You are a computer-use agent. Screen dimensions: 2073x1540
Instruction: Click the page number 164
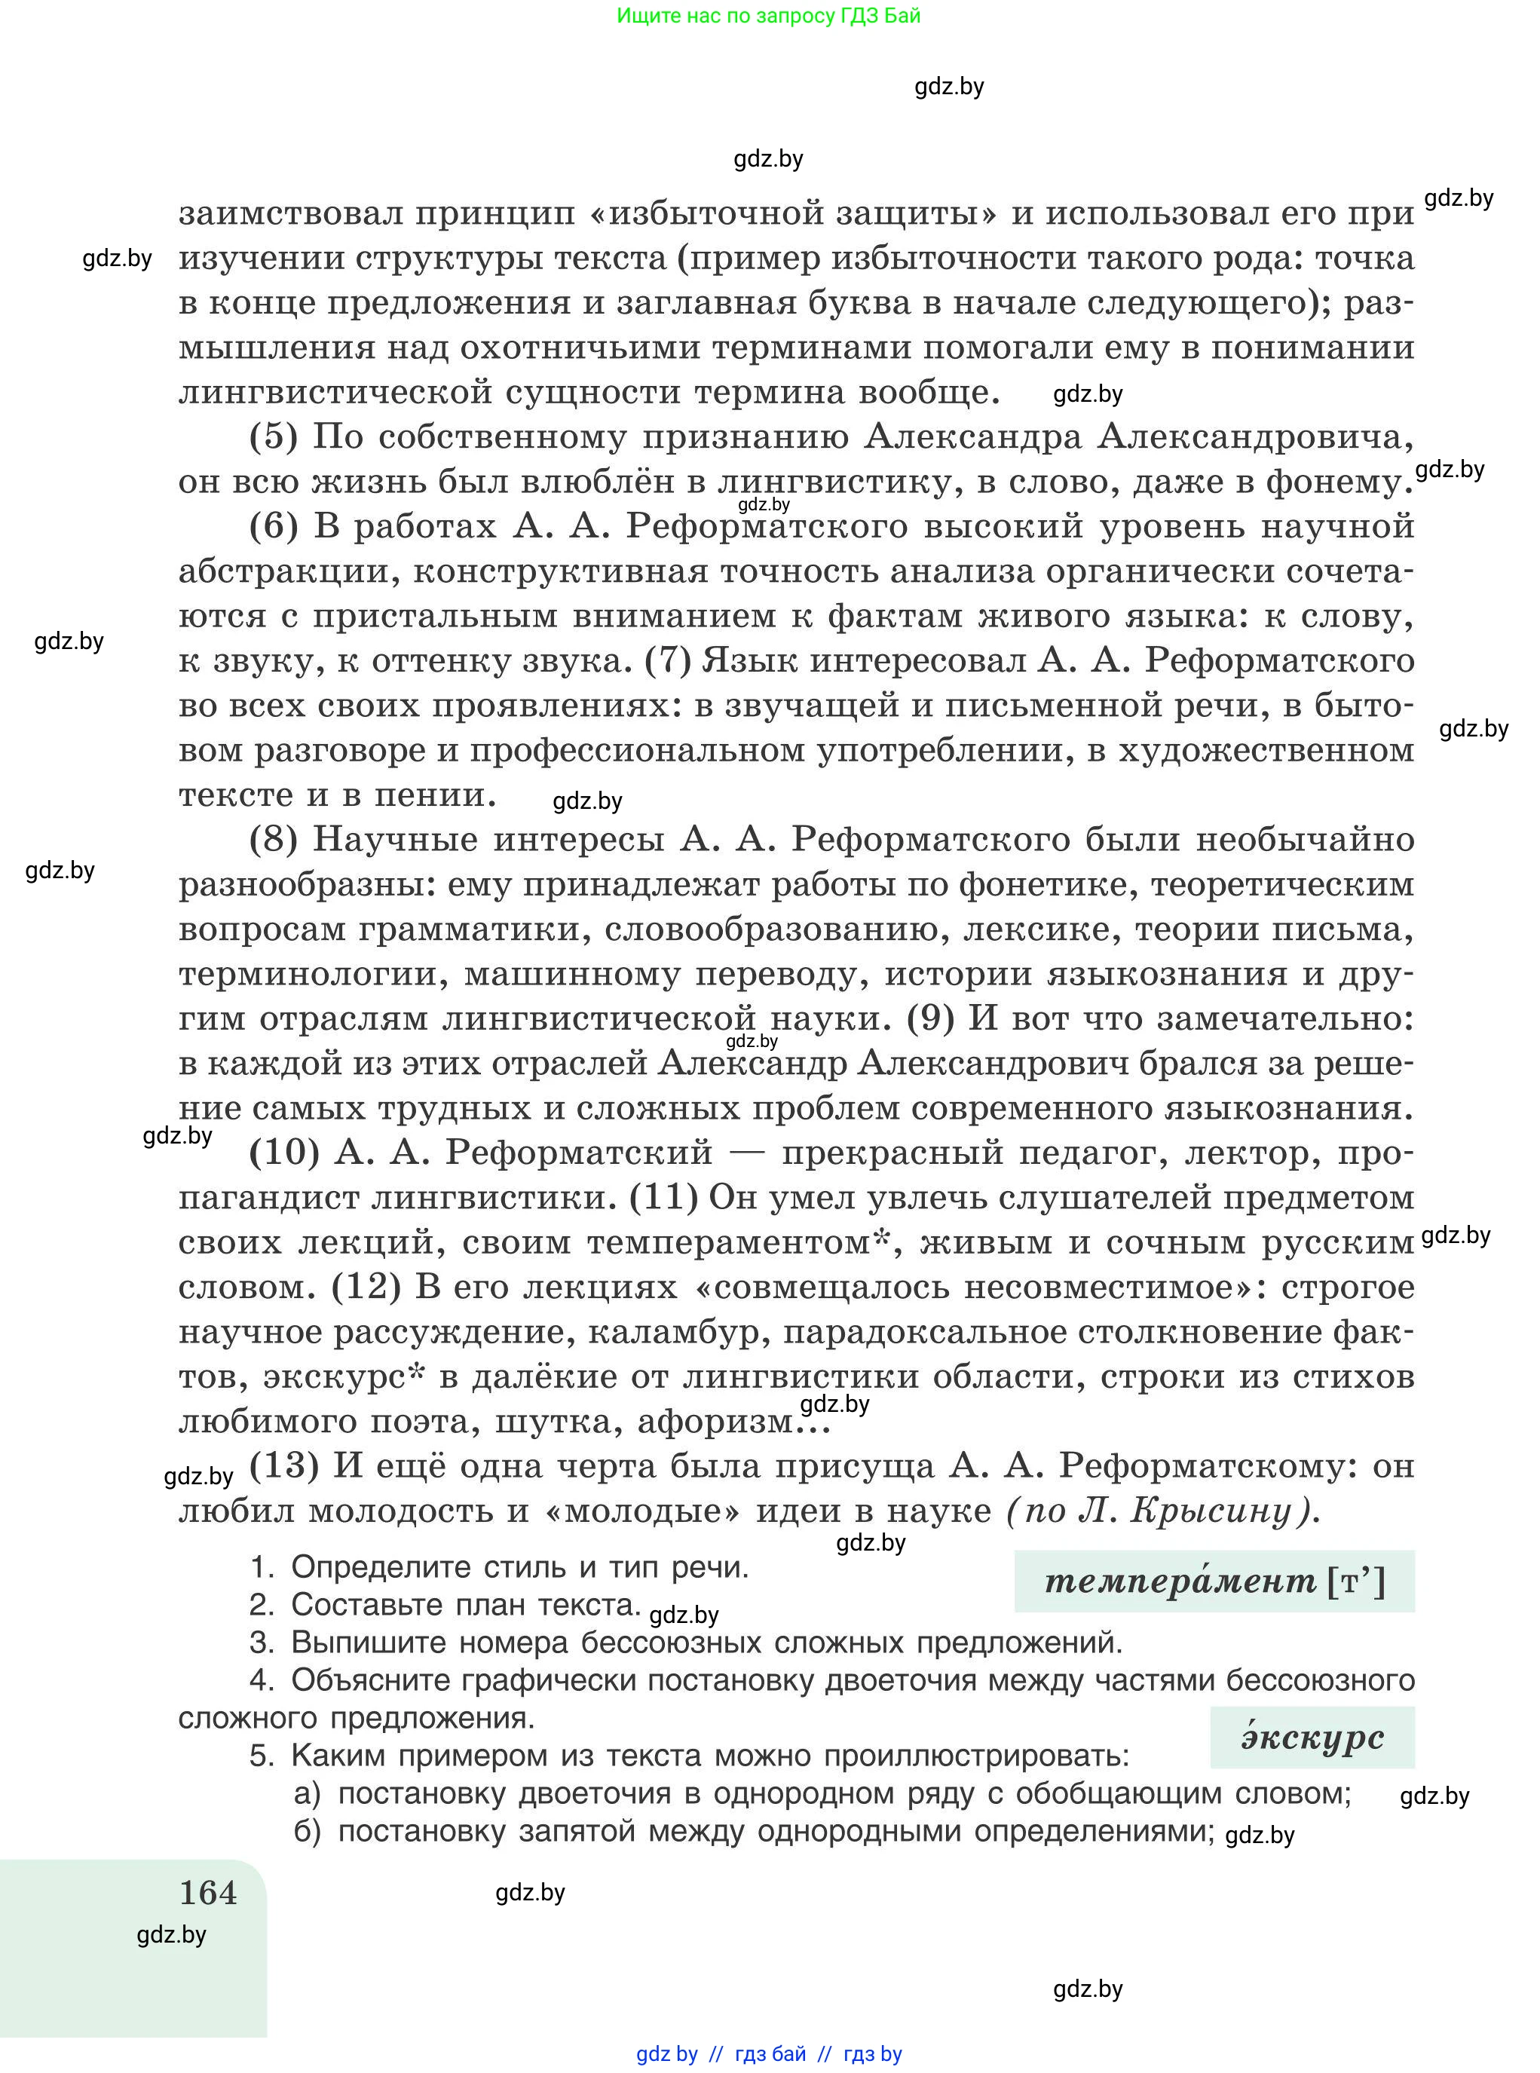pos(208,1892)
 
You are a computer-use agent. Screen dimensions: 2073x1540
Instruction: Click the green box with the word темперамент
pos(1214,1581)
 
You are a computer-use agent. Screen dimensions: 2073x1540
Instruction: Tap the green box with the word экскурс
pos(1312,1738)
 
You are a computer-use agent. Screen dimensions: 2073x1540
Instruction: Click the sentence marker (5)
pos(273,436)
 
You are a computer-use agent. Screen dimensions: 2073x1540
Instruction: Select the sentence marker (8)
pos(273,839)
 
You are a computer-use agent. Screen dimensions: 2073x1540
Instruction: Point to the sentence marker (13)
pos(284,1465)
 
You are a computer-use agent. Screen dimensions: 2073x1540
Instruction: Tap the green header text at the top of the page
pos(768,16)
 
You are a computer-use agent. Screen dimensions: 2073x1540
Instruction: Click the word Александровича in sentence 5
pos(1255,436)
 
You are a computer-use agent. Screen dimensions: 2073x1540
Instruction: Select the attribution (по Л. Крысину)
pos(1162,1510)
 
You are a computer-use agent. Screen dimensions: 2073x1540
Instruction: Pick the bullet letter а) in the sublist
pos(307,1793)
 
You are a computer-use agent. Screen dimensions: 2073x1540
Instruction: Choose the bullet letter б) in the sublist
pos(307,1832)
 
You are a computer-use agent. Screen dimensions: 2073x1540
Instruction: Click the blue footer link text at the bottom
pos(768,2053)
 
